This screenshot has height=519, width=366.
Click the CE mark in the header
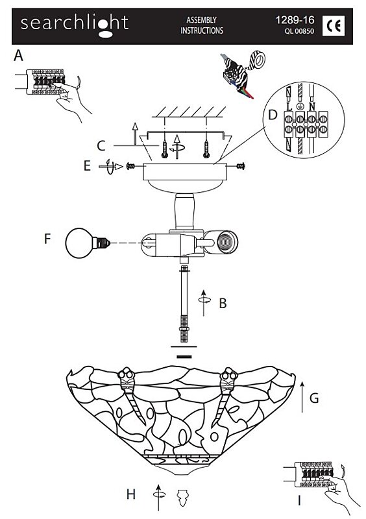click(333, 26)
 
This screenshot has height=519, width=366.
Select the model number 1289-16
click(295, 20)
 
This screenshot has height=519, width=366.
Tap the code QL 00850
click(299, 31)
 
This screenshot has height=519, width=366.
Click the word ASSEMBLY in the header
click(201, 20)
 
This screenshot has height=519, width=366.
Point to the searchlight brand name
click(75, 24)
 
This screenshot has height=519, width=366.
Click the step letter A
click(19, 55)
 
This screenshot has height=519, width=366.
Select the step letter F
click(47, 239)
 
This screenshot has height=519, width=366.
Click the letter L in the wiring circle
click(289, 106)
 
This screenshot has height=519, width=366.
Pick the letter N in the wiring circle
click(311, 106)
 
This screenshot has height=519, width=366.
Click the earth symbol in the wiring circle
click(300, 106)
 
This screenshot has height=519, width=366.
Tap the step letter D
click(273, 115)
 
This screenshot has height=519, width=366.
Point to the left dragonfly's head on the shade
click(126, 374)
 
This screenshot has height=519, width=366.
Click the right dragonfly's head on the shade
click(230, 374)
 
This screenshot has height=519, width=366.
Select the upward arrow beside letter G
click(302, 397)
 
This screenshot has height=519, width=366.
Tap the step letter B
click(223, 303)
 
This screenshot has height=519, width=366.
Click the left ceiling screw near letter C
click(164, 149)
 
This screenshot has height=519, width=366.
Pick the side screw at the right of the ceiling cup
click(241, 166)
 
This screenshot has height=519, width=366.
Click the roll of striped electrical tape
click(257, 60)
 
